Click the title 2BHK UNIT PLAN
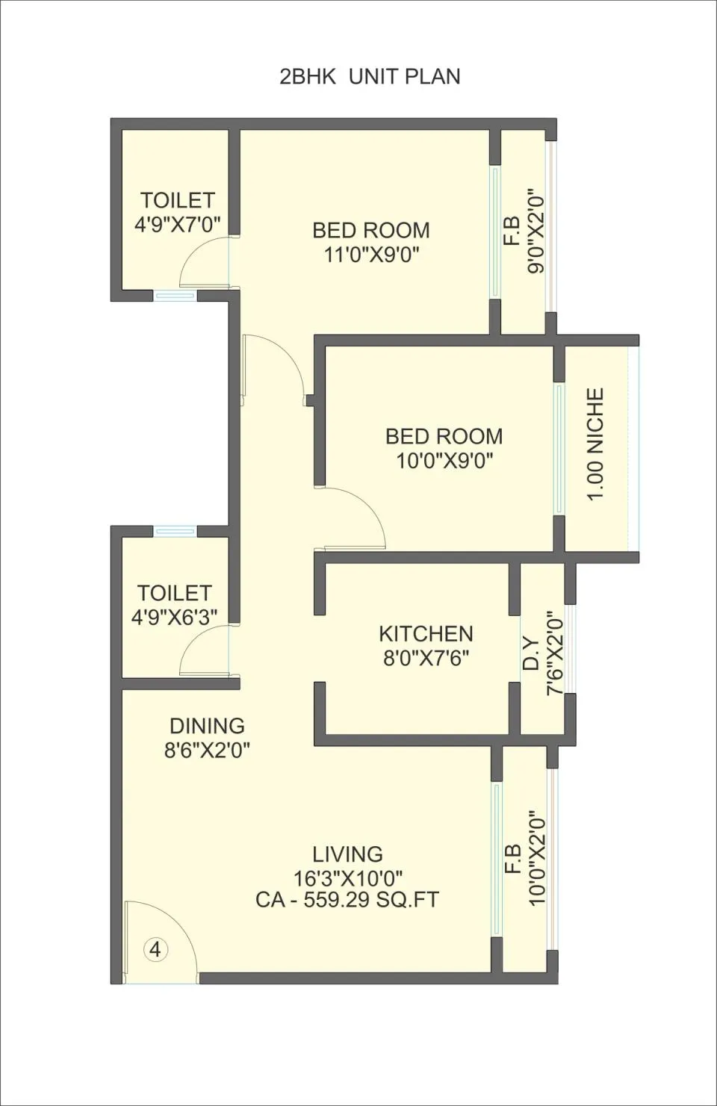click(370, 78)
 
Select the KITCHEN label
click(426, 633)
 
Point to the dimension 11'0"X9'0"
click(371, 255)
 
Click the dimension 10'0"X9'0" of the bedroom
click(444, 462)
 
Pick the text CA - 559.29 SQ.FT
click(347, 900)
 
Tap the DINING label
click(207, 726)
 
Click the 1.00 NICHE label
click(595, 444)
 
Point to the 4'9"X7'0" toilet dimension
click(177, 224)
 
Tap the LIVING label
click(347, 854)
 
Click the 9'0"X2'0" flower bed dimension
click(536, 230)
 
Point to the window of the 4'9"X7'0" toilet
click(175, 295)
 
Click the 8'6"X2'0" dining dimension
click(207, 751)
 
